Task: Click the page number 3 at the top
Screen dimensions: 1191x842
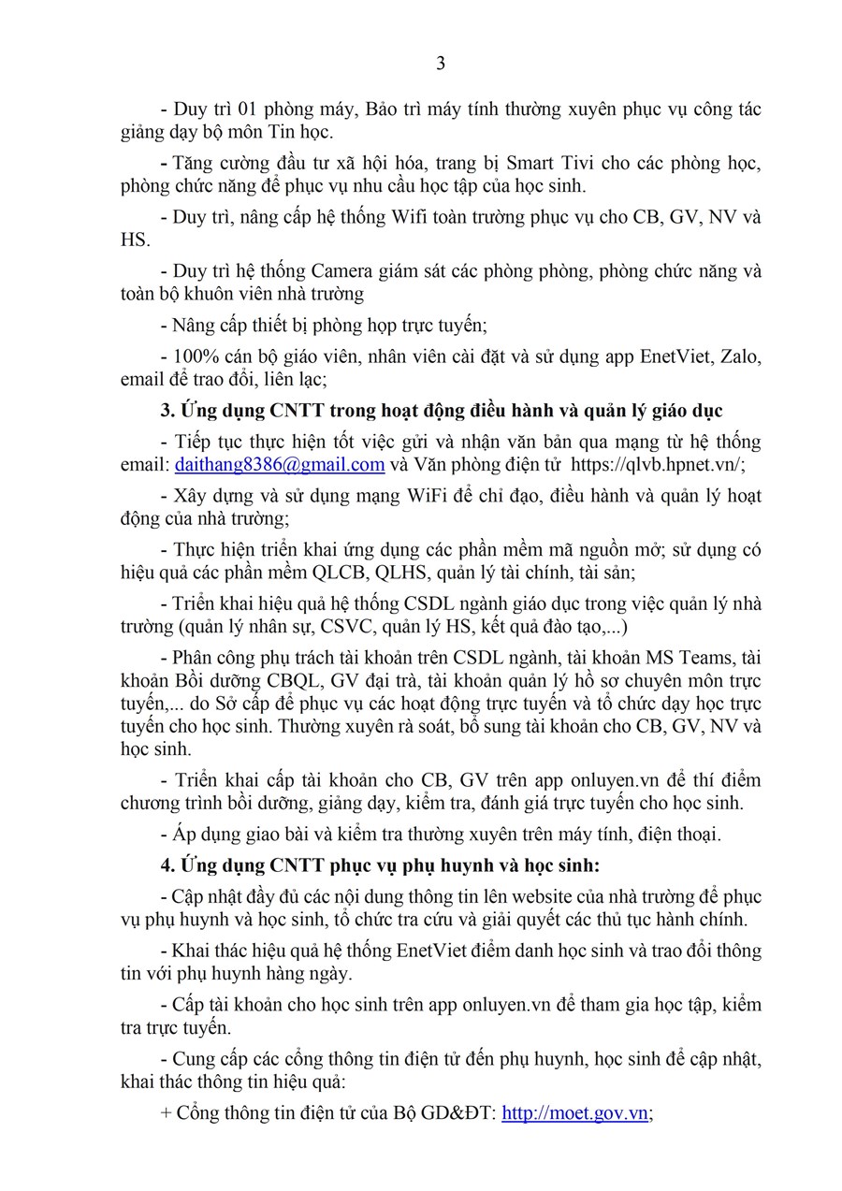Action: (441, 64)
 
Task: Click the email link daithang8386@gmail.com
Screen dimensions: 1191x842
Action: (280, 465)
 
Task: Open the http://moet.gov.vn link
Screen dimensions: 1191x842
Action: (574, 1113)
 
